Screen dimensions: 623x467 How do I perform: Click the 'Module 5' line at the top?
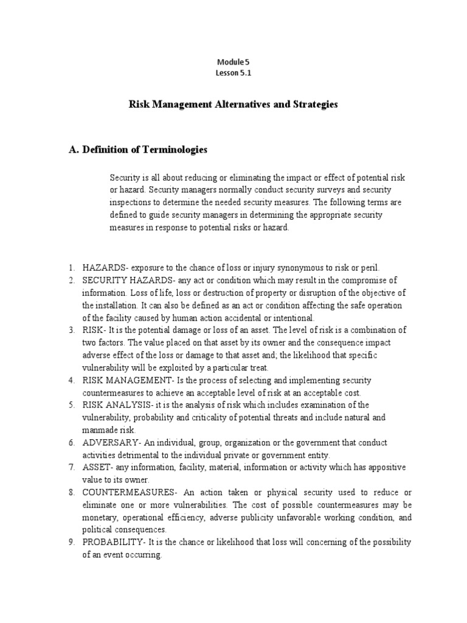pyautogui.click(x=233, y=62)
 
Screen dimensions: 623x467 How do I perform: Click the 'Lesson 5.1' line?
pyautogui.click(x=233, y=73)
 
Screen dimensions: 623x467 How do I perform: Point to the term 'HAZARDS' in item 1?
pyautogui.click(x=102, y=267)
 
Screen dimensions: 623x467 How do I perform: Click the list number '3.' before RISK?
pyautogui.click(x=71, y=330)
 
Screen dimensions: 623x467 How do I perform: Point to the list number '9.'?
pyautogui.click(x=71, y=542)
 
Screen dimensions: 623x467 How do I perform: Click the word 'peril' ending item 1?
pyautogui.click(x=369, y=267)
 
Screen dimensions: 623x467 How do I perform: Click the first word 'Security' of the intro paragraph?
pyautogui.click(x=125, y=177)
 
